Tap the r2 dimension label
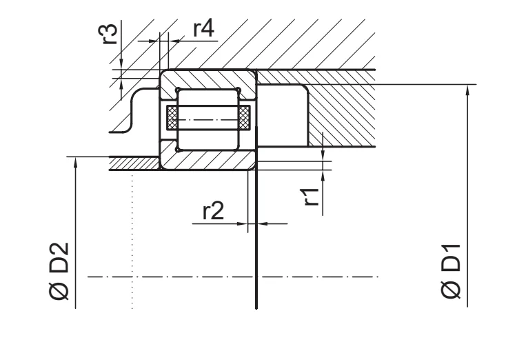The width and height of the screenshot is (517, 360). tap(213, 210)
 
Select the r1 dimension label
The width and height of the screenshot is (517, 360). tap(312, 197)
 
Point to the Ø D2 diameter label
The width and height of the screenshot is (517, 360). tap(59, 271)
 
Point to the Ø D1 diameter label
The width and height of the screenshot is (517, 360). tap(450, 271)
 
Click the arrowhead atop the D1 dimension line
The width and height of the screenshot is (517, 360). tap(467, 90)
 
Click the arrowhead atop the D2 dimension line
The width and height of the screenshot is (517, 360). tap(76, 162)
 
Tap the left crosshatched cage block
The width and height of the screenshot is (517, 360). tap(172, 118)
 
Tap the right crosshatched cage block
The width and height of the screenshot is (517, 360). tap(244, 118)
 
